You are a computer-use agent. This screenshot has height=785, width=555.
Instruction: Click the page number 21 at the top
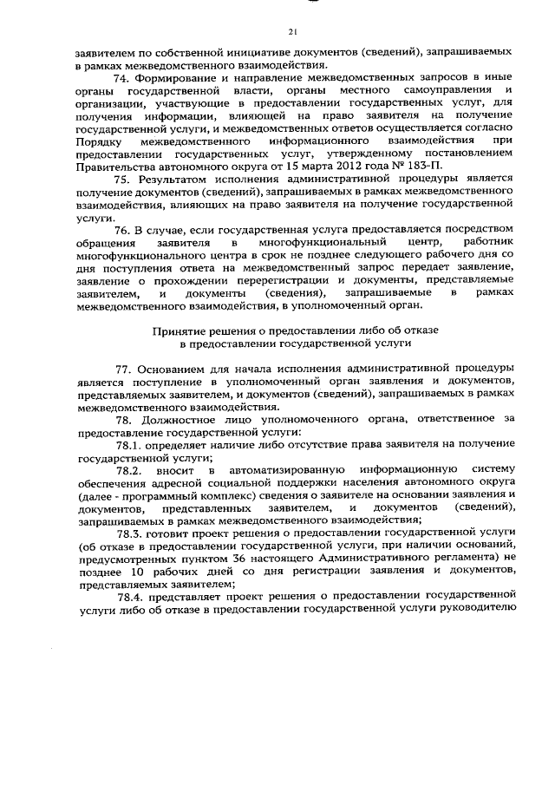tap(292, 32)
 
